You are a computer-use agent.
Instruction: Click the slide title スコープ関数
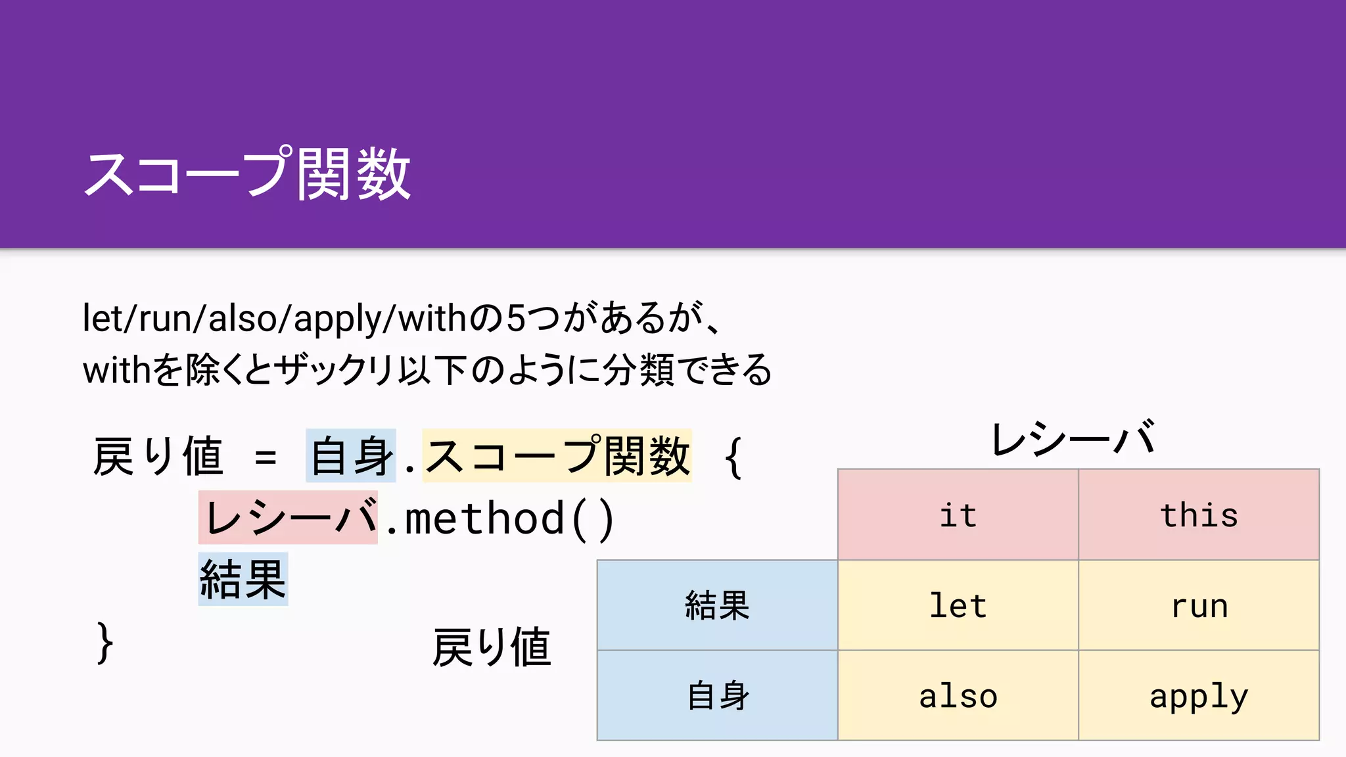(x=247, y=173)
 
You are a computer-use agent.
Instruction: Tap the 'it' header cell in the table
(x=958, y=515)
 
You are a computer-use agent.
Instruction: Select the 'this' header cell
(x=1199, y=515)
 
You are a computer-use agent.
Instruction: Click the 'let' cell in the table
(x=958, y=605)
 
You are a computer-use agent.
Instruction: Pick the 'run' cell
(x=1199, y=605)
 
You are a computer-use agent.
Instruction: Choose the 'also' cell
(x=958, y=696)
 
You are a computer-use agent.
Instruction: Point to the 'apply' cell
(x=1199, y=696)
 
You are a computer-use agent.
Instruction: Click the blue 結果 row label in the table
(x=717, y=605)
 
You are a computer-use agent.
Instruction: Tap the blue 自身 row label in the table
(x=717, y=696)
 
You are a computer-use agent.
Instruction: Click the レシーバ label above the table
(x=1073, y=439)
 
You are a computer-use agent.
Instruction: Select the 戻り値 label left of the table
(x=492, y=647)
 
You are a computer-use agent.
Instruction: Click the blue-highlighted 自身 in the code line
(x=351, y=456)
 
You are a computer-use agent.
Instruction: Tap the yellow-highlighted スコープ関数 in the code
(x=557, y=456)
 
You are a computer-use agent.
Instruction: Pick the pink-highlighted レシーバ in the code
(x=289, y=518)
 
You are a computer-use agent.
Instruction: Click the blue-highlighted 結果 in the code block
(x=243, y=579)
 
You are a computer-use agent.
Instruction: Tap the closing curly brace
(x=104, y=643)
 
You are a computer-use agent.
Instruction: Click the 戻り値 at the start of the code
(x=158, y=456)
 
